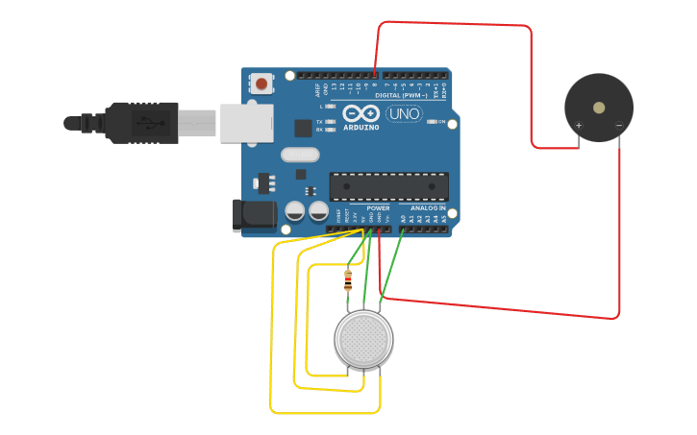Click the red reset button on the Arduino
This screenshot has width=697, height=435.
click(x=261, y=85)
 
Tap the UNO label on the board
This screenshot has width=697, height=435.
click(x=404, y=114)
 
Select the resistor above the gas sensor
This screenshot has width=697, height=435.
click(x=348, y=281)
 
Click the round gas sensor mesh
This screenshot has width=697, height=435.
click(x=363, y=338)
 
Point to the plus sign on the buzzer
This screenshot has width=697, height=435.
click(x=579, y=126)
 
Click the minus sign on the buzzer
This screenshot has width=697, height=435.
click(x=618, y=126)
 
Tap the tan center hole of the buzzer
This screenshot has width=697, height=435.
click(x=599, y=108)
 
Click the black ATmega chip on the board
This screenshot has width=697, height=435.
click(x=388, y=186)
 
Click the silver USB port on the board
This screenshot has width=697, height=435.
click(x=247, y=123)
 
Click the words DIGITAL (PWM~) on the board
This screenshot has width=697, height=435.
click(x=401, y=96)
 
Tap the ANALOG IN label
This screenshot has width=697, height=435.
click(x=428, y=207)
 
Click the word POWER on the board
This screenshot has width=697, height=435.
click(x=378, y=207)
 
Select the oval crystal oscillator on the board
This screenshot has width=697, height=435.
click(x=299, y=155)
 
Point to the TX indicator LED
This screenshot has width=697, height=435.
click(x=330, y=122)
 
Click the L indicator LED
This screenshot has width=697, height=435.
click(x=330, y=107)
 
